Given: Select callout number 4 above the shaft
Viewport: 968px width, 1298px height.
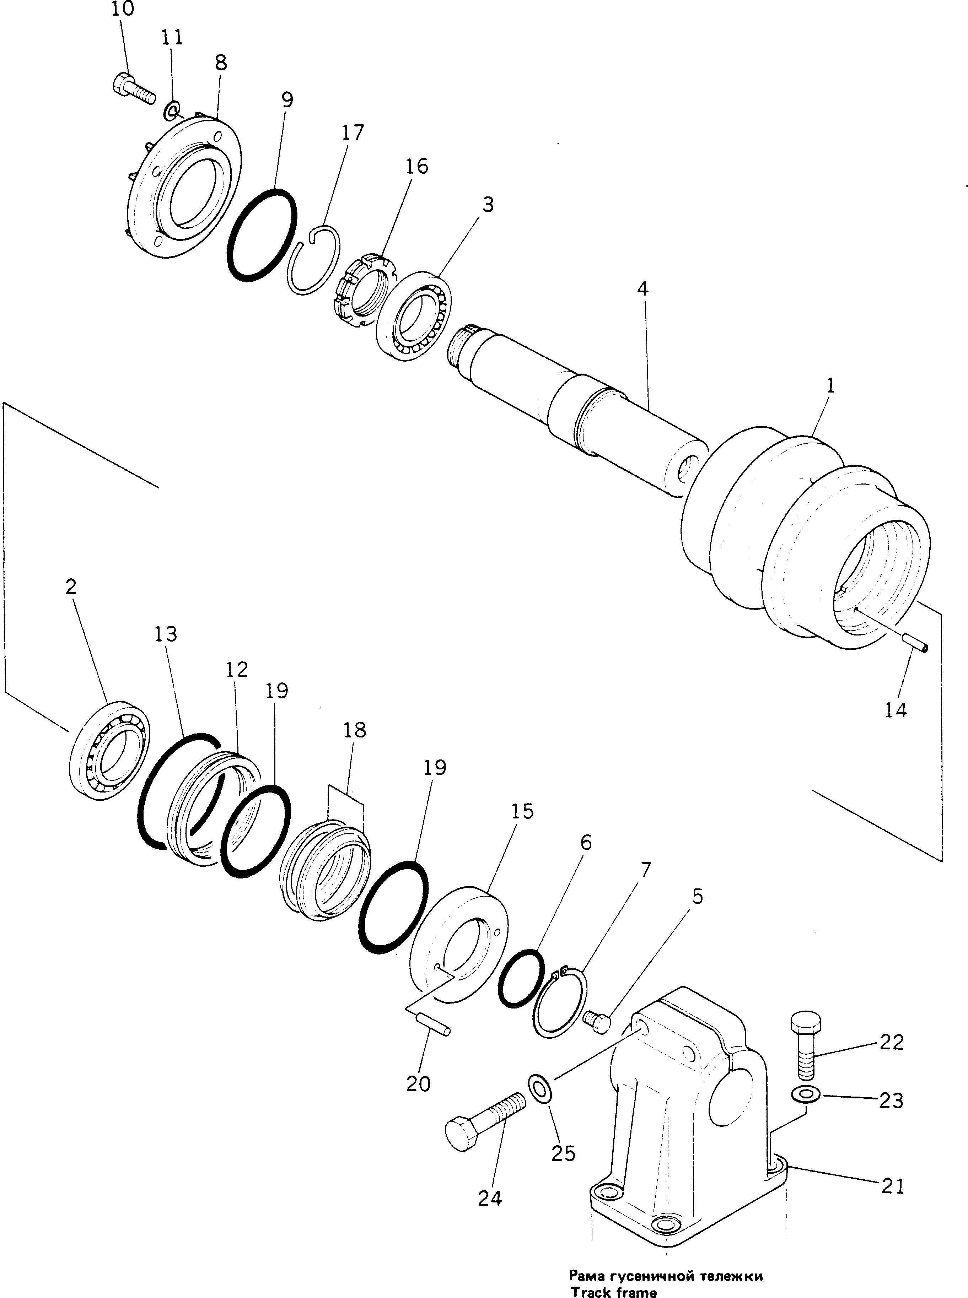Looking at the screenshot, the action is [643, 289].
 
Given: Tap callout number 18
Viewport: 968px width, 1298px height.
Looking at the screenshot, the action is [355, 730].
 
